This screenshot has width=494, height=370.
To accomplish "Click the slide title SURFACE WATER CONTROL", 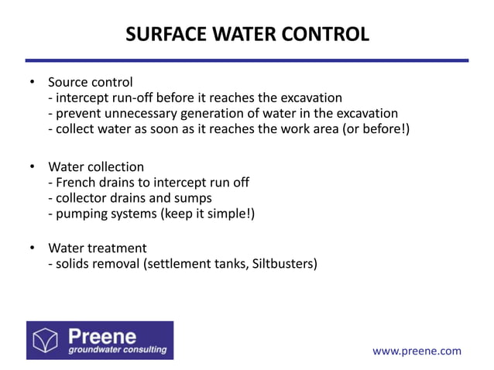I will click(x=247, y=35).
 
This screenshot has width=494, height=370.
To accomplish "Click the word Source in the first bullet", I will click(x=68, y=82).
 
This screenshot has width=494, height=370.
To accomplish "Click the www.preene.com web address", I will click(x=417, y=351).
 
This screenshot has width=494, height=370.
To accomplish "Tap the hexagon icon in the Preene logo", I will click(x=48, y=340).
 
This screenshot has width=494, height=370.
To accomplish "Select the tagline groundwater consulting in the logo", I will click(x=116, y=350).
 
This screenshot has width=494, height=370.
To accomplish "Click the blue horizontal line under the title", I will click(x=247, y=60).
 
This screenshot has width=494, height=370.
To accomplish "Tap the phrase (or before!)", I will click(x=374, y=129).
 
